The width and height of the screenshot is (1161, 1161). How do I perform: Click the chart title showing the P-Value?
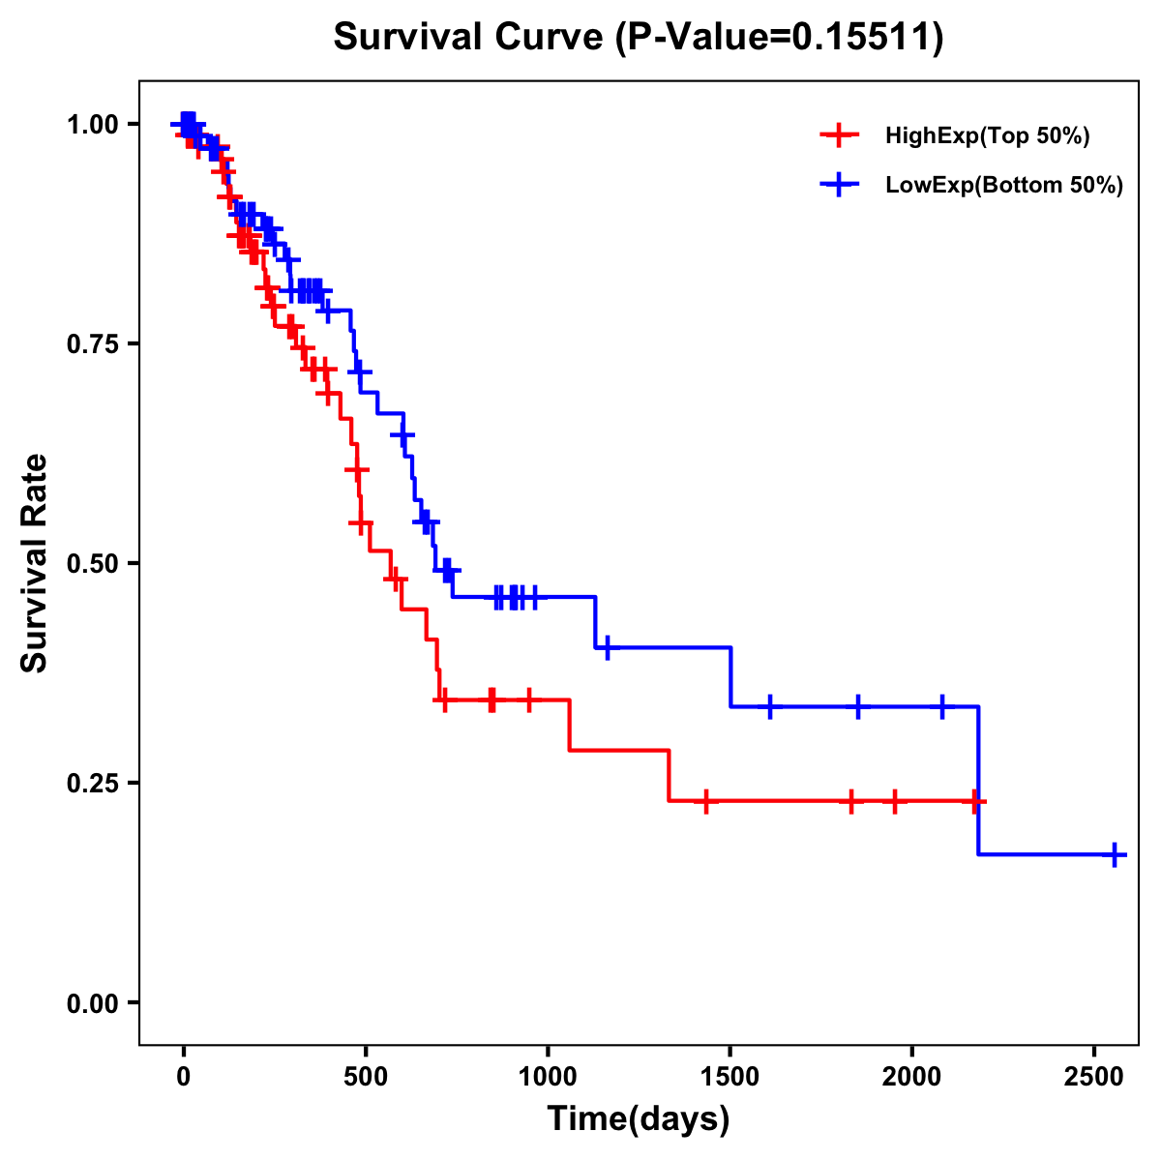tap(638, 38)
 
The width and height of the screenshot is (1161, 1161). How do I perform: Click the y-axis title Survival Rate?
tap(35, 563)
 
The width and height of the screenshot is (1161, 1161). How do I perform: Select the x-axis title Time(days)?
tap(638, 1119)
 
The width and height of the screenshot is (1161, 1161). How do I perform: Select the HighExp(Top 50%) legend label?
tap(988, 136)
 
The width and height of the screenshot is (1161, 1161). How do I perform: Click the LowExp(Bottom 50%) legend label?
tap(1004, 186)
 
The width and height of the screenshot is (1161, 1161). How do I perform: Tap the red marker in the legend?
tap(839, 135)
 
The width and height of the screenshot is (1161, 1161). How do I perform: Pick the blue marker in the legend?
tap(839, 185)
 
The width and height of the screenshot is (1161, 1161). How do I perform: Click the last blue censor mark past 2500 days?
tap(1115, 855)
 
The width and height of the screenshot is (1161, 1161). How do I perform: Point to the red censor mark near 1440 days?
tap(706, 801)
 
